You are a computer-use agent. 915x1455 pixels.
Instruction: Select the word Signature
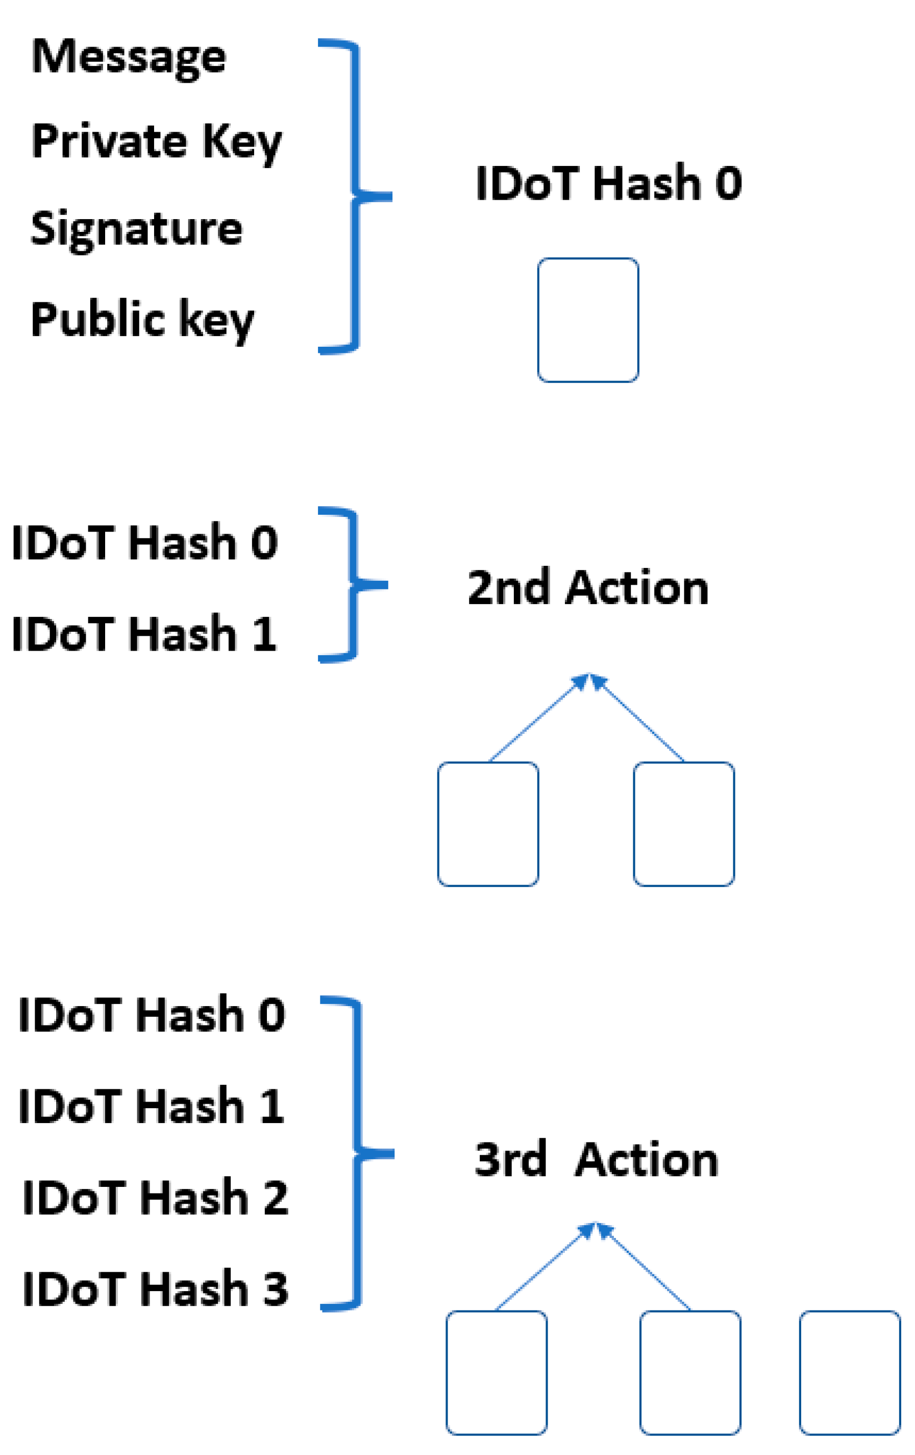click(136, 230)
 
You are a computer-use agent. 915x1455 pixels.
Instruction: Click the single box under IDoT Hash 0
click(588, 320)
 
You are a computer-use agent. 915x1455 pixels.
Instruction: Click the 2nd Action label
click(588, 587)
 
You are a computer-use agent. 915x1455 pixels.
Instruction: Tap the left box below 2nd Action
click(488, 824)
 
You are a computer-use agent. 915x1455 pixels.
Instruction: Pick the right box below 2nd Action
click(684, 824)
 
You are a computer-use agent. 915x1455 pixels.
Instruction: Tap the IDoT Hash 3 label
click(155, 1290)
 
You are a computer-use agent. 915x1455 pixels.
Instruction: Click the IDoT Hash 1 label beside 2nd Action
click(144, 634)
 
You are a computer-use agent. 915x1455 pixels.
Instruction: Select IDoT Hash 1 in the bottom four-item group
click(152, 1106)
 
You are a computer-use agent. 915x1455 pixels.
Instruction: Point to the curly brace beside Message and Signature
click(356, 197)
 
